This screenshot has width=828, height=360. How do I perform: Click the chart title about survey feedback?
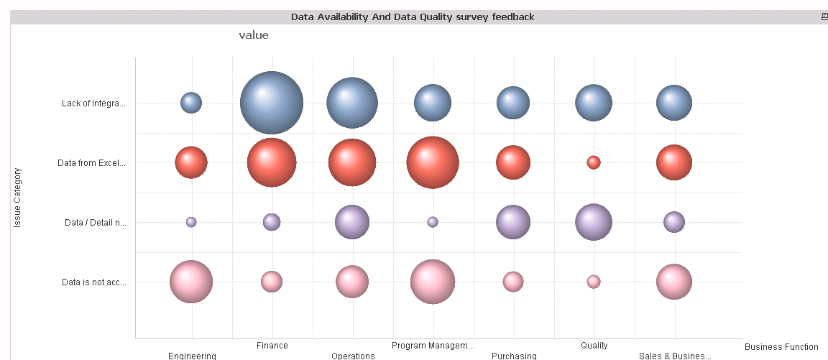pyautogui.click(x=413, y=17)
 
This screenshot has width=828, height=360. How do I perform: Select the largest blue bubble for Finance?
pyautogui.click(x=272, y=103)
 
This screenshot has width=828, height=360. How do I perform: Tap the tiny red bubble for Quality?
pyautogui.click(x=594, y=162)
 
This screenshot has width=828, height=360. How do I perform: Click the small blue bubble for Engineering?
pyautogui.click(x=191, y=103)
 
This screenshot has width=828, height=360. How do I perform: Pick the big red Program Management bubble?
pyautogui.click(x=433, y=162)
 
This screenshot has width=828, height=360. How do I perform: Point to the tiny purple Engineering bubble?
pyautogui.click(x=191, y=222)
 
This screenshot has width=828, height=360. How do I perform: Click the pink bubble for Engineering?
pyautogui.click(x=191, y=282)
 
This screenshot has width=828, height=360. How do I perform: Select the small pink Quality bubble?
pyautogui.click(x=594, y=282)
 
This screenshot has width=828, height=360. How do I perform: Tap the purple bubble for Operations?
pyautogui.click(x=352, y=222)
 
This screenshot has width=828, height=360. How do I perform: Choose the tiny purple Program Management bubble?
pyautogui.click(x=433, y=222)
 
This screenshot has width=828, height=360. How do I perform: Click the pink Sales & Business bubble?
pyautogui.click(x=674, y=282)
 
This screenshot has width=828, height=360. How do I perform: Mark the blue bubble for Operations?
pyautogui.click(x=352, y=103)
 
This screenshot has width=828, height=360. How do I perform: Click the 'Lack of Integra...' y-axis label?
pyautogui.click(x=93, y=103)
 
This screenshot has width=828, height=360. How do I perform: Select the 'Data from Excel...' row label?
pyautogui.click(x=91, y=163)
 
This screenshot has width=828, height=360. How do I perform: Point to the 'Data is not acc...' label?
pyautogui.click(x=93, y=282)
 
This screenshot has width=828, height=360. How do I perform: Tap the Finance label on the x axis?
pyautogui.click(x=272, y=346)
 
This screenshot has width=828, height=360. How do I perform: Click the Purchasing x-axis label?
pyautogui.click(x=514, y=356)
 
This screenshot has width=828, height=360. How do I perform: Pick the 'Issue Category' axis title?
pyautogui.click(x=18, y=198)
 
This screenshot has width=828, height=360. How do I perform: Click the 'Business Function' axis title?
pyautogui.click(x=781, y=347)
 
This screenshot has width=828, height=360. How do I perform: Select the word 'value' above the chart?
pyautogui.click(x=254, y=35)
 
